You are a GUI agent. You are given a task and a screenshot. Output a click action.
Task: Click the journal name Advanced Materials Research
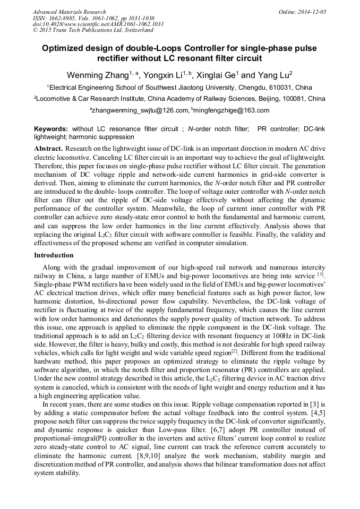click(70, 12)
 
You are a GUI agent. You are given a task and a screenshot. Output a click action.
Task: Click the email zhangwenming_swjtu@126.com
click(139, 110)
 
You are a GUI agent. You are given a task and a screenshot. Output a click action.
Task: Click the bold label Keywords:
click(51, 129)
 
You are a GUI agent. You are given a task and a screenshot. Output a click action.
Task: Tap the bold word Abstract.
click(48, 149)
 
